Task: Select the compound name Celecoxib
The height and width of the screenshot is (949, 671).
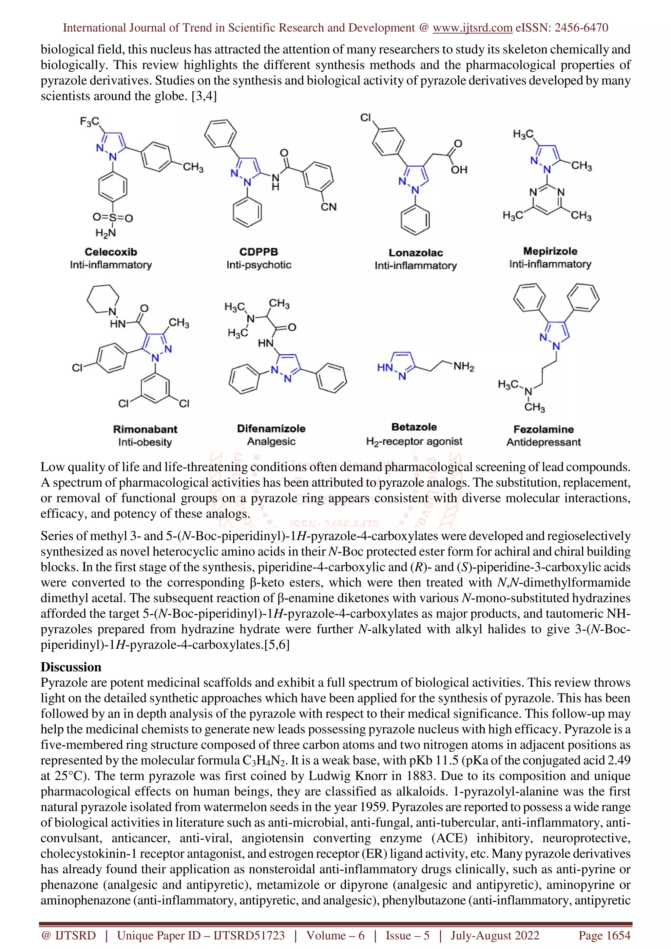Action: coord(111,252)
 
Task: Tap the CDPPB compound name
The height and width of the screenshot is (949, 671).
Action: coord(259,252)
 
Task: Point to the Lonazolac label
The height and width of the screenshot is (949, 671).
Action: coord(415,252)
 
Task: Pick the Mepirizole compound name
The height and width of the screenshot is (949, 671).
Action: coord(550,251)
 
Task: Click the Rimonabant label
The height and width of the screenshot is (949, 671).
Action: coord(145,429)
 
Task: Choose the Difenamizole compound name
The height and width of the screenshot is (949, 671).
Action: coord(271,428)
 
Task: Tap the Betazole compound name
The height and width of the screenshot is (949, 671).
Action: coord(414,427)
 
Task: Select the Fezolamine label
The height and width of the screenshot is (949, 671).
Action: coord(543,429)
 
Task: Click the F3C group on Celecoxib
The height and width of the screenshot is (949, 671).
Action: coord(89,121)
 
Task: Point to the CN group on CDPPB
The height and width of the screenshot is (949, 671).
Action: coord(329,207)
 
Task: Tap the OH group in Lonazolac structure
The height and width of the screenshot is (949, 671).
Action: coord(459,170)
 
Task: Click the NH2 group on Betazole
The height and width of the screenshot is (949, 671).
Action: coord(464,366)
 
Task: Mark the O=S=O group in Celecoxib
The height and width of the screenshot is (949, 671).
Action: coord(112,217)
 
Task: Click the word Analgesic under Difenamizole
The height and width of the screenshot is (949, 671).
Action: coord(271,441)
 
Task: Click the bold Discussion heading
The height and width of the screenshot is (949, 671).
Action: coord(71,667)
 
